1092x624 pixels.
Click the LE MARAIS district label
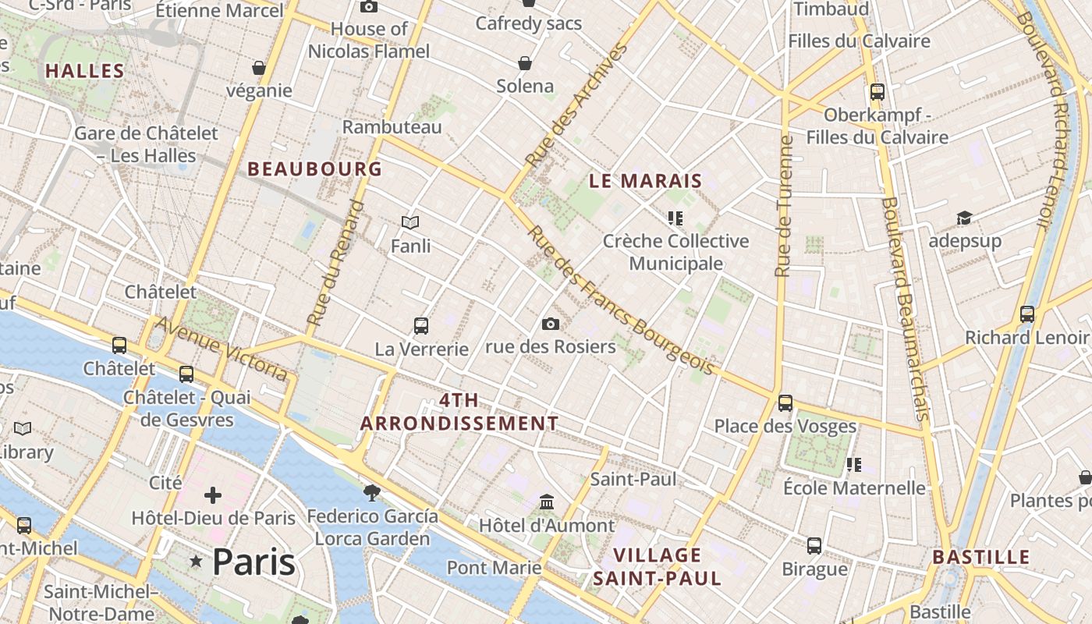click(x=645, y=181)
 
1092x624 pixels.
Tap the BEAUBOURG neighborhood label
click(x=314, y=168)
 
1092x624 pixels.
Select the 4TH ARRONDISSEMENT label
click(x=459, y=412)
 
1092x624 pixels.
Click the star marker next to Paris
click(x=196, y=562)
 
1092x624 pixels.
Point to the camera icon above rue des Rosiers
click(x=550, y=324)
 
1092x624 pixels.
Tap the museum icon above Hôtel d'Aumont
click(x=547, y=502)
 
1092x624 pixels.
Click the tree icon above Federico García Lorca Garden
click(x=372, y=491)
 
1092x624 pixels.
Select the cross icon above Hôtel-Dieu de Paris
click(x=213, y=495)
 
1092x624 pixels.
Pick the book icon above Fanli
click(x=410, y=222)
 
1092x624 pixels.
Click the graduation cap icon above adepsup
click(x=964, y=218)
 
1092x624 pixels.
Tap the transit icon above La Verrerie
click(x=421, y=325)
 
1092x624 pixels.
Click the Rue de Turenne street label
click(x=784, y=207)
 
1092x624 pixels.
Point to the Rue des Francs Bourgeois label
click(x=620, y=300)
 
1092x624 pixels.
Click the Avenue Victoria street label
click(x=222, y=349)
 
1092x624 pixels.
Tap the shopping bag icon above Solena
click(x=525, y=62)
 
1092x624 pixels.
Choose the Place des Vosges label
click(x=785, y=427)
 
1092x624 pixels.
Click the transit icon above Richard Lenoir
click(x=1027, y=314)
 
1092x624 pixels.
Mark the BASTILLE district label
click(x=981, y=557)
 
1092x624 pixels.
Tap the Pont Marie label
click(x=494, y=567)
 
